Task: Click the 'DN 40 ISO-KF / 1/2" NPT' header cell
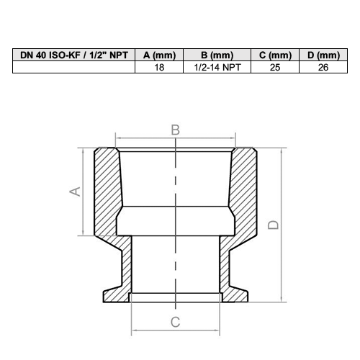pos(74,55)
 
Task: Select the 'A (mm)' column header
pos(159,55)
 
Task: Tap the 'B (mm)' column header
pos(217,55)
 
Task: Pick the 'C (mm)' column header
pos(275,55)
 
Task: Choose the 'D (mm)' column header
pos(323,55)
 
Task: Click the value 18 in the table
pos(159,68)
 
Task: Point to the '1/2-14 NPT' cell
pos(217,68)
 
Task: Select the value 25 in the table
pos(275,68)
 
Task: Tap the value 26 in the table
pos(323,68)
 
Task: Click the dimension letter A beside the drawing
pos(75,192)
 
